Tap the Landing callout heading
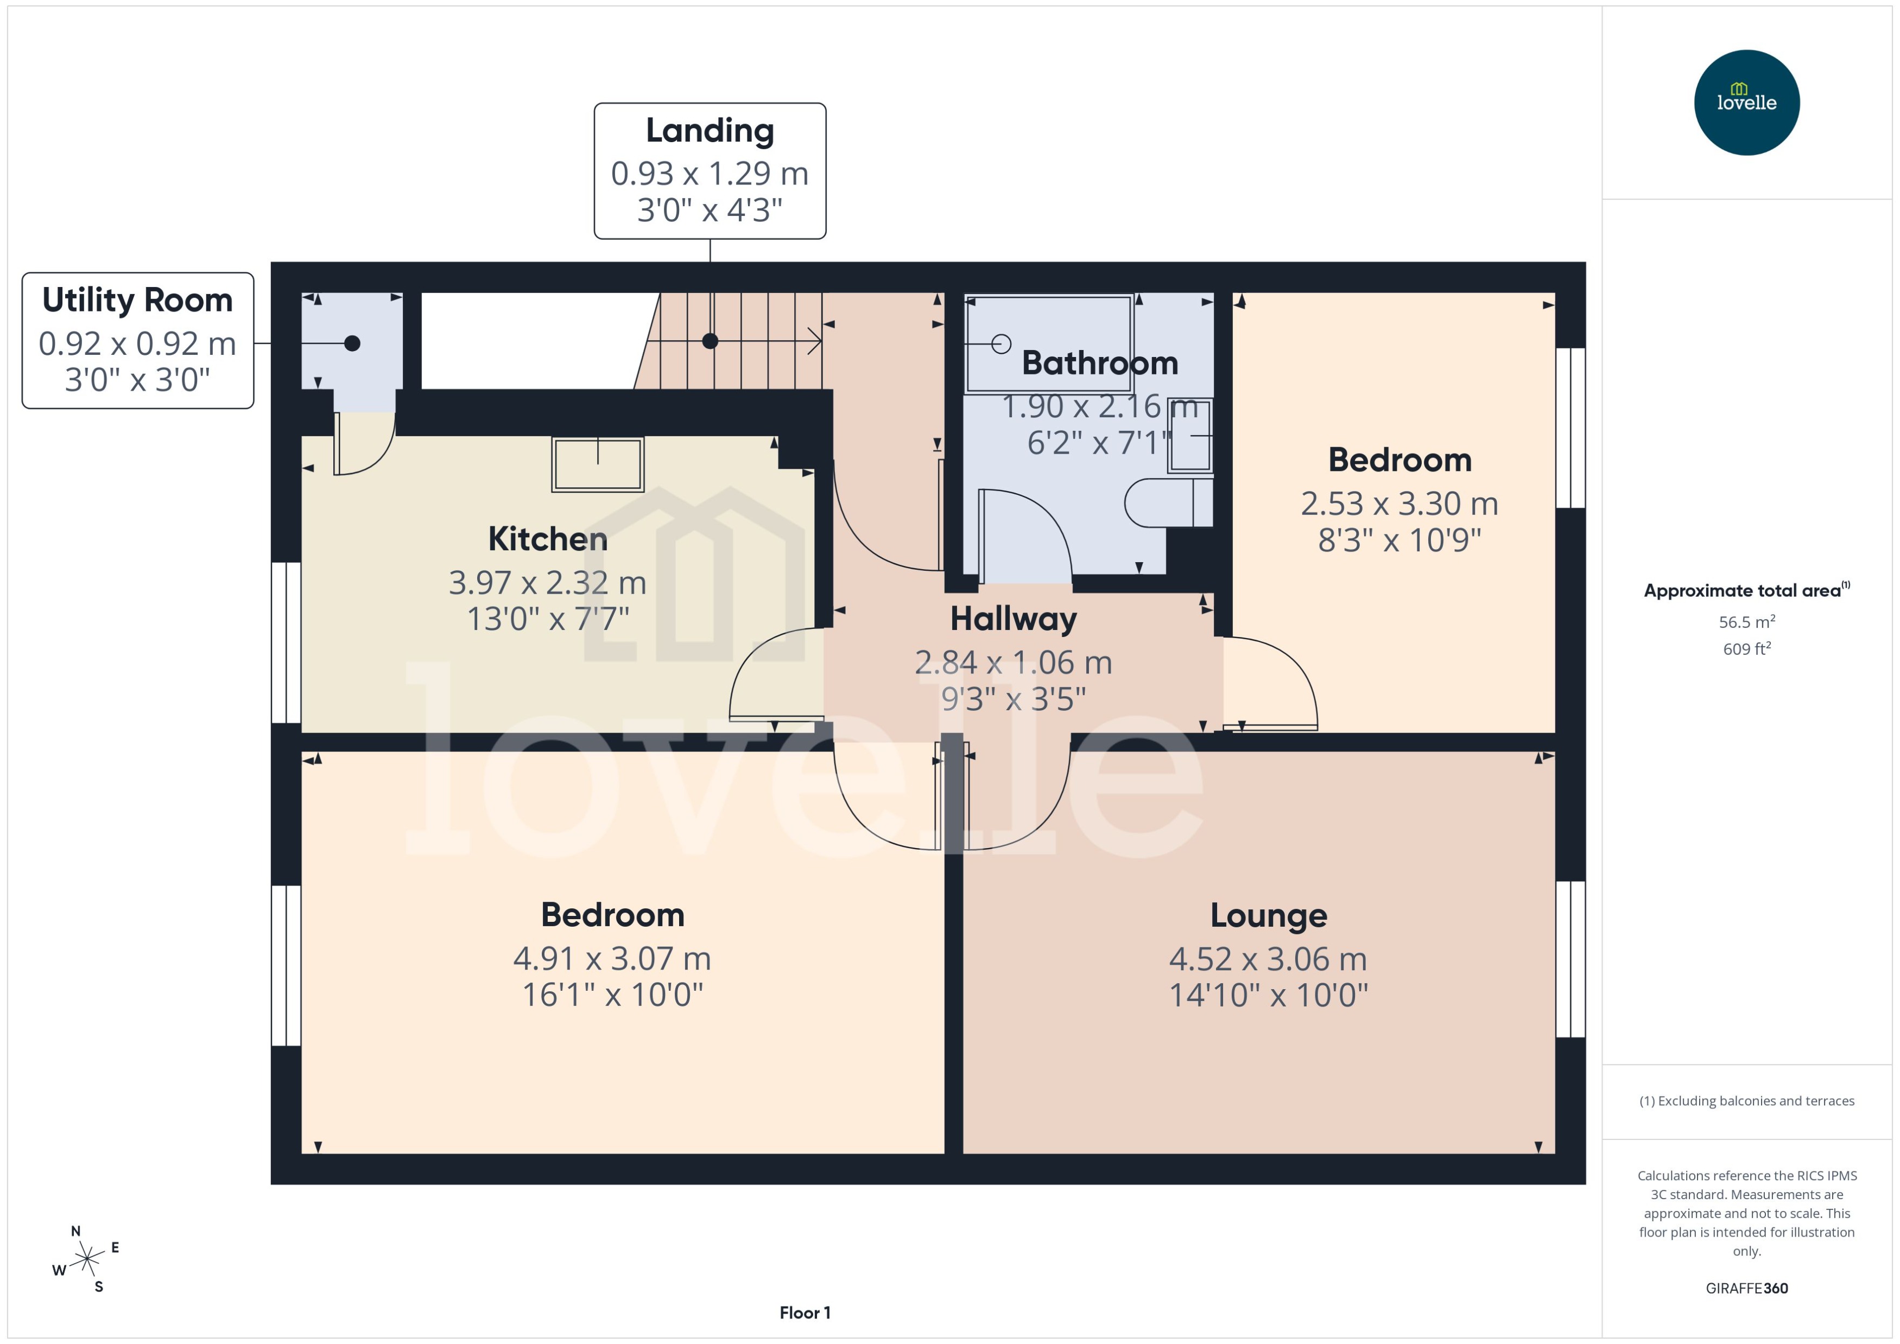point(710,131)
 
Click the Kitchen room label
point(547,539)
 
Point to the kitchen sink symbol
point(597,464)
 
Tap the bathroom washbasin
point(1190,435)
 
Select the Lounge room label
point(1268,916)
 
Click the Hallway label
point(1014,619)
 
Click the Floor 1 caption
point(804,1313)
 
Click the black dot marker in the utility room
point(352,343)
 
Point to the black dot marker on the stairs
point(710,341)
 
